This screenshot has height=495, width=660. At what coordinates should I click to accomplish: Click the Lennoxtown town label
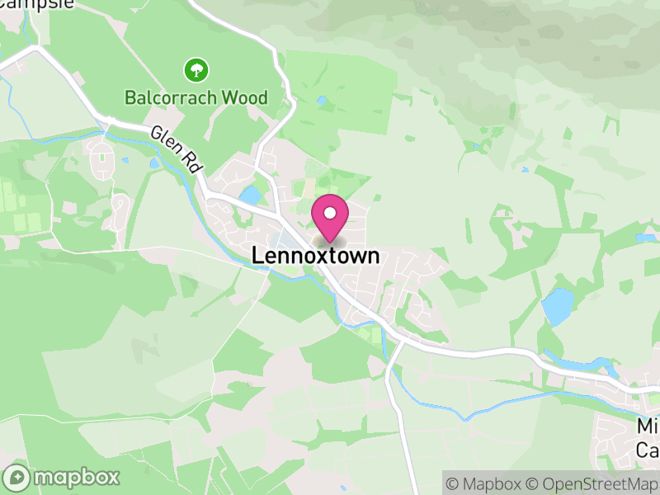[315, 257]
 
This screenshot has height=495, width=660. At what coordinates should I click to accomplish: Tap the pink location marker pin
[330, 218]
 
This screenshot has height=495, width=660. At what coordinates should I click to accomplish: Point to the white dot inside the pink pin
[330, 213]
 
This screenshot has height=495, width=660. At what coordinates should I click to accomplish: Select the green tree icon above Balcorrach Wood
[196, 69]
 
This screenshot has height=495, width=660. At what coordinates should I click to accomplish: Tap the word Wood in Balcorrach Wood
[243, 98]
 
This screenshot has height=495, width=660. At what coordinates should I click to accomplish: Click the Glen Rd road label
[177, 149]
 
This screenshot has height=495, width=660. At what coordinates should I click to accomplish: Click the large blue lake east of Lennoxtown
[559, 306]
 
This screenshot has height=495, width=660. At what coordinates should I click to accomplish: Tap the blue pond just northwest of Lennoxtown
[249, 196]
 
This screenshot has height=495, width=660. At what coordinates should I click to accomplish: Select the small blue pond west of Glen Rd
[154, 163]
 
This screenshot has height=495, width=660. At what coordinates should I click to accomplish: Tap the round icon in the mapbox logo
[17, 477]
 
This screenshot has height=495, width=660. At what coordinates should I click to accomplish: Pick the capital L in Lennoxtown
[257, 257]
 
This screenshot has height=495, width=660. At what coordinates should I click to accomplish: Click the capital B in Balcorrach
[130, 98]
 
